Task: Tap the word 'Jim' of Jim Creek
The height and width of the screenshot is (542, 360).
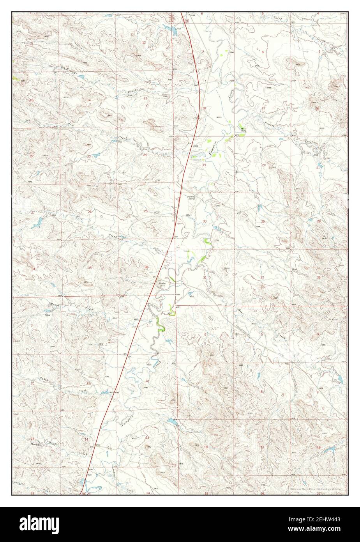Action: point(71,124)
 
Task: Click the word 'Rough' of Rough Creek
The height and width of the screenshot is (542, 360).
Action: point(55,305)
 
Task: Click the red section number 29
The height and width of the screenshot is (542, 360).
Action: point(263,221)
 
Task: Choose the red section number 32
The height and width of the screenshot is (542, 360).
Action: point(262,277)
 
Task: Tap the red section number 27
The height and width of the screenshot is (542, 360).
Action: point(33,213)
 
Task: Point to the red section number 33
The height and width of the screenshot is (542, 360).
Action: point(318,277)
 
